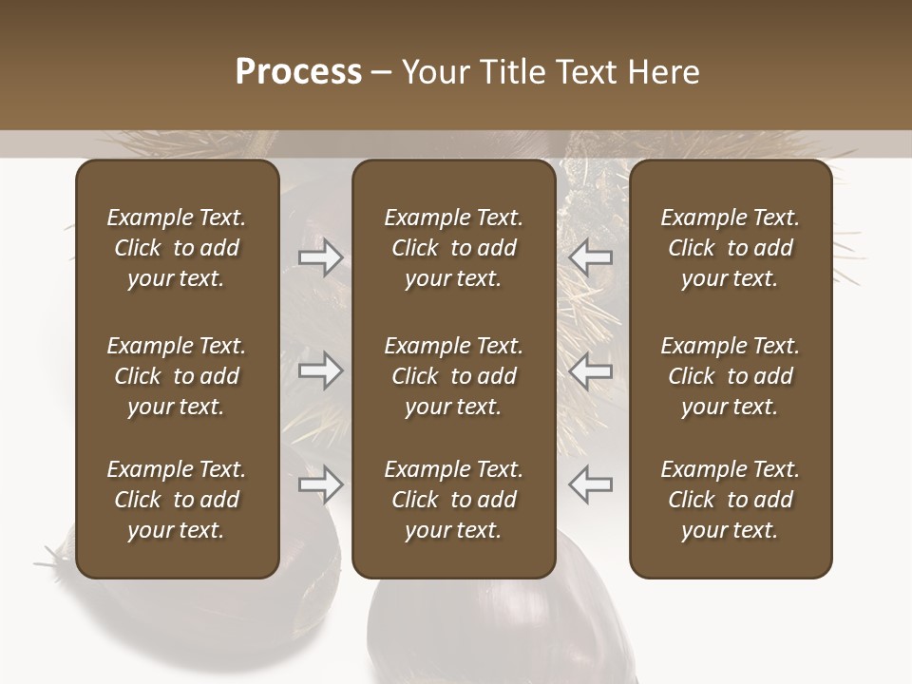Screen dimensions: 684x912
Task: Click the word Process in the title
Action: (x=298, y=72)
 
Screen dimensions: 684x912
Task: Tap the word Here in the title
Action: (x=662, y=72)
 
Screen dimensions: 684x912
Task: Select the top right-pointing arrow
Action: (x=321, y=257)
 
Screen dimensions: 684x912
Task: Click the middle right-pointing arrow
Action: (x=321, y=370)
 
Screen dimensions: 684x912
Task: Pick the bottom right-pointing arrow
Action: (x=321, y=485)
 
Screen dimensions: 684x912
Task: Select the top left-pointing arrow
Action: (x=590, y=257)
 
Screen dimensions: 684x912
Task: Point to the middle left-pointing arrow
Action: (x=590, y=370)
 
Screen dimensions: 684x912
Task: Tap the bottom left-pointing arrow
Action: (x=590, y=485)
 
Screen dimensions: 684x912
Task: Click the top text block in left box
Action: (x=177, y=248)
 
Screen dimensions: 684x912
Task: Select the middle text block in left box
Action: (x=177, y=376)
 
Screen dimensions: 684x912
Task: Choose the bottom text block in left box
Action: (x=177, y=500)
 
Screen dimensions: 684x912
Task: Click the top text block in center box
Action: (x=453, y=248)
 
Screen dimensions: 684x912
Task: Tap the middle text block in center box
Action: (x=453, y=376)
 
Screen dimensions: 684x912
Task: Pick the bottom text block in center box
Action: (x=453, y=500)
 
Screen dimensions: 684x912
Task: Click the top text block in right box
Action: (x=730, y=248)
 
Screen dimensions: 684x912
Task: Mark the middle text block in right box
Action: (x=730, y=376)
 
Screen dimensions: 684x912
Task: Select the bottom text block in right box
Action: (x=730, y=500)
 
